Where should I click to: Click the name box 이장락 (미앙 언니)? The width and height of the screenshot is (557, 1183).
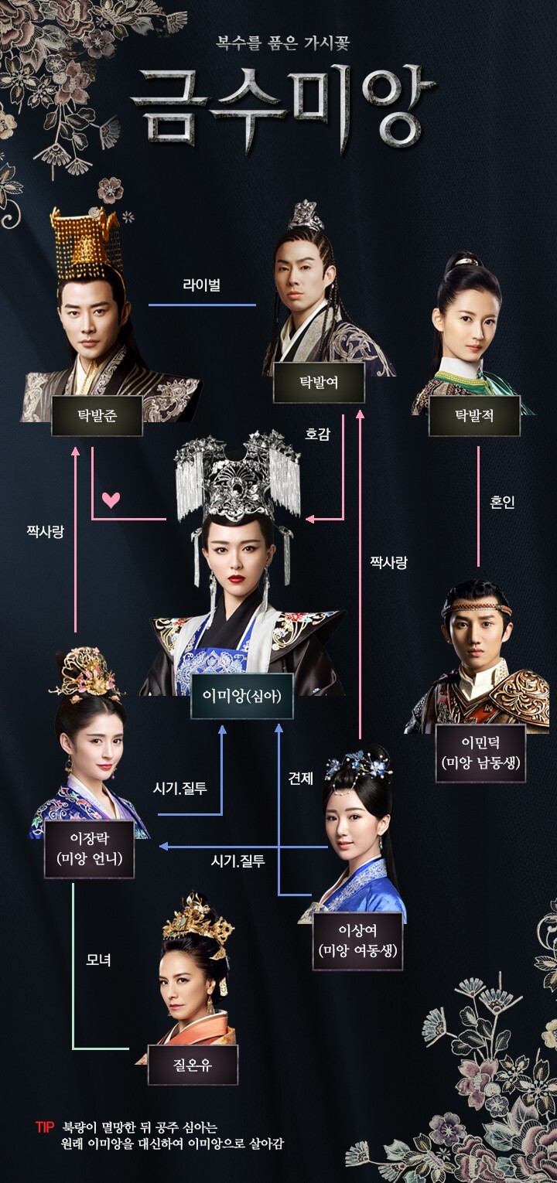point(90,849)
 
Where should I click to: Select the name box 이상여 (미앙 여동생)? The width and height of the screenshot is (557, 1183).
point(357,940)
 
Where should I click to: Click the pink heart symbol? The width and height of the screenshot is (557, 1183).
point(111,499)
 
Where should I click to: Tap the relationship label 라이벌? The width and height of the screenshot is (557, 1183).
point(202,285)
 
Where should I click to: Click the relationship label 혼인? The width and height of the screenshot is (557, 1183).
point(502,502)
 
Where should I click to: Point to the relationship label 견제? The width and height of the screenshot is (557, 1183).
point(300,779)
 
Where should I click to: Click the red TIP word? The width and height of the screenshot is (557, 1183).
point(45,1127)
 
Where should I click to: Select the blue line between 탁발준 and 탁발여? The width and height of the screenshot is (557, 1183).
point(202,305)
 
